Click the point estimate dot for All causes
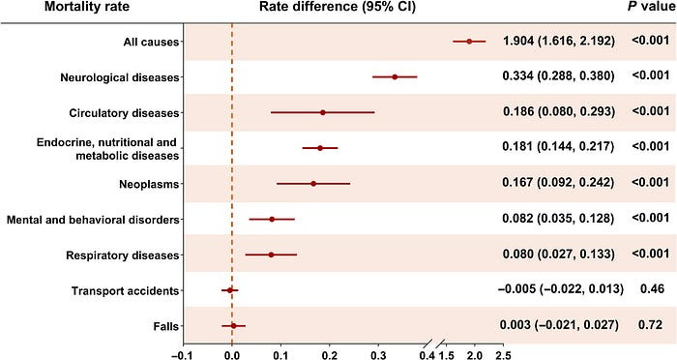click(x=469, y=42)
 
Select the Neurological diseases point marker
click(x=395, y=76)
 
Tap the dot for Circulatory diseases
click(x=322, y=112)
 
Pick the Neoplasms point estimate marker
click(x=313, y=184)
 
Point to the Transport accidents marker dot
click(x=230, y=290)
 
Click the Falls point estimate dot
click(x=234, y=326)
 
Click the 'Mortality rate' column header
click(x=87, y=7)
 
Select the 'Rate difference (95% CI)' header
click(x=338, y=7)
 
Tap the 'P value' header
click(x=652, y=7)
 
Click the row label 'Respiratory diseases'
click(x=122, y=255)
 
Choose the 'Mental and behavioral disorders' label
click(x=93, y=220)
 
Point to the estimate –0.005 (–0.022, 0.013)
click(x=561, y=288)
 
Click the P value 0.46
click(x=652, y=288)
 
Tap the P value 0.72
click(x=651, y=324)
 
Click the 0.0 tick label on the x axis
click(x=232, y=355)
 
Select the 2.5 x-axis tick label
click(x=503, y=355)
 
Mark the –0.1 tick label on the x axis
click(x=182, y=355)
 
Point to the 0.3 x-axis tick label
click(x=378, y=355)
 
